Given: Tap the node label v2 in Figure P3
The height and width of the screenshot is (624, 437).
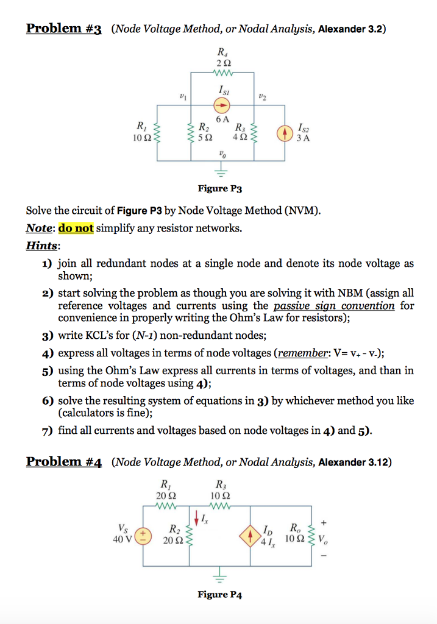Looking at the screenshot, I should [x=263, y=96].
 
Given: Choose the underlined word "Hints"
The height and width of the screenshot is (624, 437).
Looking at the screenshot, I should [x=43, y=246].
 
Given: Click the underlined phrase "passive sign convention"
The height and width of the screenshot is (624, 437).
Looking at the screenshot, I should [x=333, y=305].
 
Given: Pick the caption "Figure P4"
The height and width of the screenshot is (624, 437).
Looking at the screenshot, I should [x=219, y=595].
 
